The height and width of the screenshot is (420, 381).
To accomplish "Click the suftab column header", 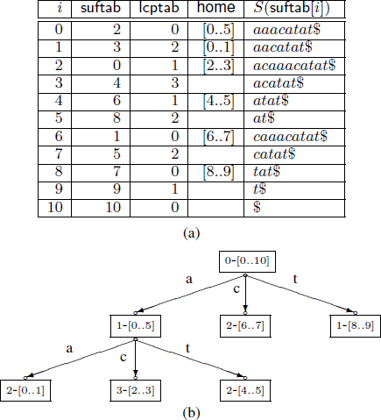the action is pyautogui.click(x=101, y=7).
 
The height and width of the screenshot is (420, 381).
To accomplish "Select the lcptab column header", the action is pyautogui.click(x=159, y=8).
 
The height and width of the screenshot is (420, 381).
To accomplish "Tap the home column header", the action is pyautogui.click(x=215, y=7).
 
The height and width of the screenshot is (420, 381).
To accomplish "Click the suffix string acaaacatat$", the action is pyautogui.click(x=294, y=65).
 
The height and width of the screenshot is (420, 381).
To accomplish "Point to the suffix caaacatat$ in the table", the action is pyautogui.click(x=291, y=136).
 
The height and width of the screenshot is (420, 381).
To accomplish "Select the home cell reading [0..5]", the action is pyautogui.click(x=219, y=30).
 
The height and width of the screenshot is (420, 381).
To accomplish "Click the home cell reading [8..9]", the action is pyautogui.click(x=219, y=172).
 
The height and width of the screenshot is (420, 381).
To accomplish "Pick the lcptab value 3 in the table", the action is pyautogui.click(x=175, y=82).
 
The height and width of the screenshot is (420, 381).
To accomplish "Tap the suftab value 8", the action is pyautogui.click(x=116, y=118).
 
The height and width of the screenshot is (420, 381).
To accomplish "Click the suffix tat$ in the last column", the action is pyautogui.click(x=267, y=172).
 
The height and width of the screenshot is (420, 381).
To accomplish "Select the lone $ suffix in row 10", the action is pyautogui.click(x=257, y=207).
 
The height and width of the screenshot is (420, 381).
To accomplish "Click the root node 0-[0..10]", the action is pyautogui.click(x=247, y=261).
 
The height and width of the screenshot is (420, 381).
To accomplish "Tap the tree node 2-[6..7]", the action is pyautogui.click(x=245, y=326).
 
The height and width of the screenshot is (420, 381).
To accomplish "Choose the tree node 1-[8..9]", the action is pyautogui.click(x=356, y=326).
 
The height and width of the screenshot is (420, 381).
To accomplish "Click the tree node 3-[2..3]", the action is pyautogui.click(x=136, y=390).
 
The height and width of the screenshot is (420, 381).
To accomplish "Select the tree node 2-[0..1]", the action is pyautogui.click(x=25, y=390).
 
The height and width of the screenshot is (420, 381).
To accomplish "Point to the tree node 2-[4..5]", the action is pyautogui.click(x=245, y=390).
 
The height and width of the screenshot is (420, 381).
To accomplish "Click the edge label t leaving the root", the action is pyautogui.click(x=295, y=279).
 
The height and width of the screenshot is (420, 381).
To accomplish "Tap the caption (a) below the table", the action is pyautogui.click(x=192, y=233).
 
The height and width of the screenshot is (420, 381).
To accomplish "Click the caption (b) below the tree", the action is pyautogui.click(x=192, y=413).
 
